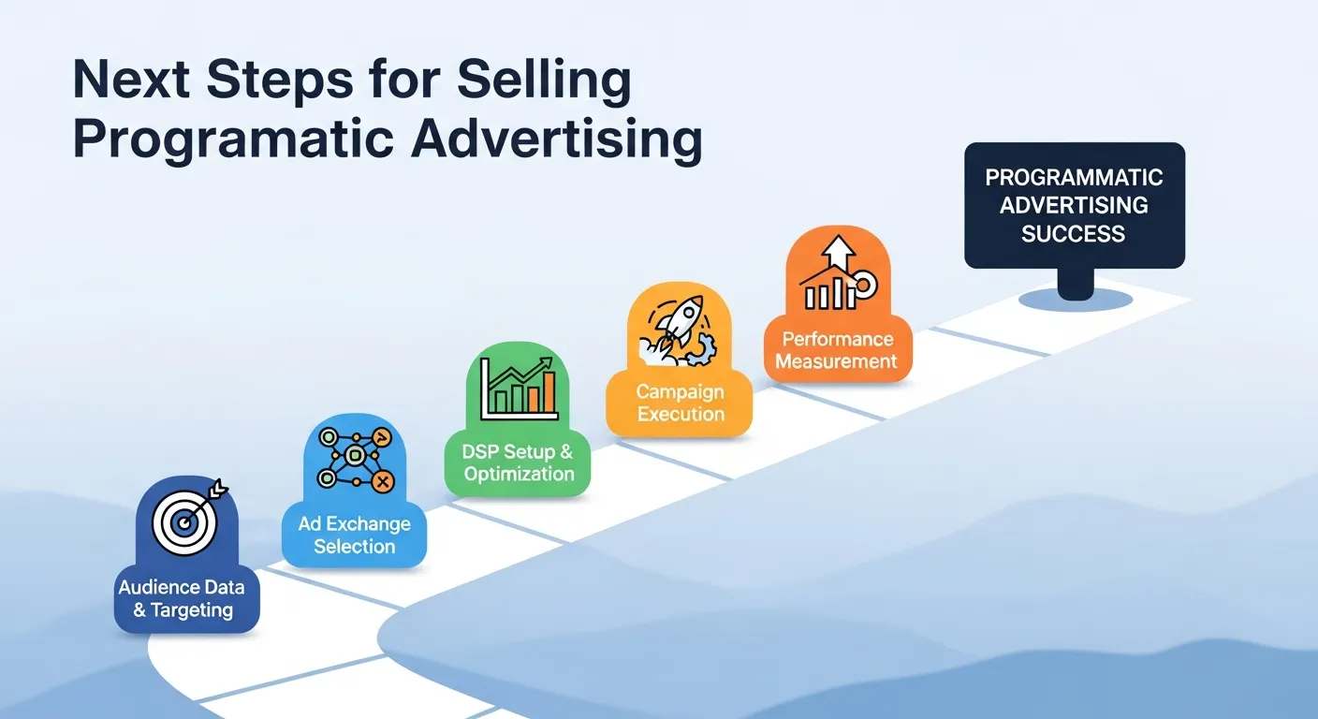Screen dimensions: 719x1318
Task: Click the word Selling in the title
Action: point(546,81)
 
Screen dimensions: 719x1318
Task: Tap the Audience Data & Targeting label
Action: point(183,599)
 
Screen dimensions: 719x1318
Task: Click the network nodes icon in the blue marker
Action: point(354,458)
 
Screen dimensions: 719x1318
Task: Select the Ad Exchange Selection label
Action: point(354,536)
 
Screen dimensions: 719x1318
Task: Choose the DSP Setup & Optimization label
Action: point(518,462)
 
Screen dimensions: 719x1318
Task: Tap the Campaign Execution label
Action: point(681,403)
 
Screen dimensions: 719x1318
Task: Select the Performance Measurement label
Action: point(837,350)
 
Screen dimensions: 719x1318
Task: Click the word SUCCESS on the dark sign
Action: point(1073,233)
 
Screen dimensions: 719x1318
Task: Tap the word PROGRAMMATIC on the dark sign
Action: point(1074,178)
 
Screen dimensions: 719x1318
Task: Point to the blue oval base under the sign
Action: point(1075,298)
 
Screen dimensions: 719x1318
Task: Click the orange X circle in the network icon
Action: point(381,481)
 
